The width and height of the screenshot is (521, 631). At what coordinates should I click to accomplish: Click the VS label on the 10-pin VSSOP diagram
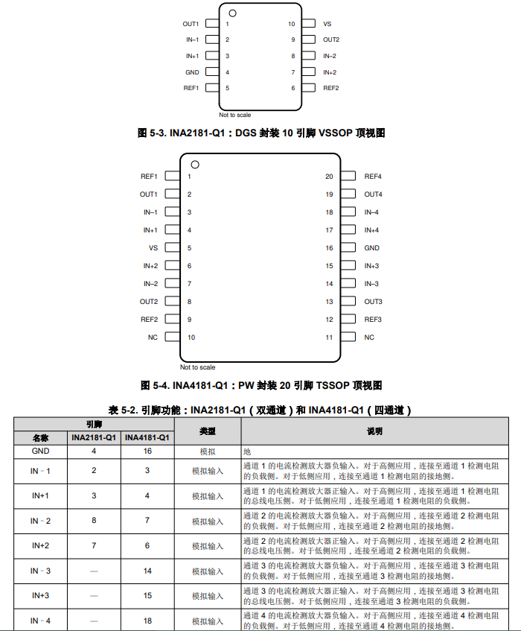[327, 24]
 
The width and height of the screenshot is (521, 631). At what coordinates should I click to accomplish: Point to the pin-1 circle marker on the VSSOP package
[232, 13]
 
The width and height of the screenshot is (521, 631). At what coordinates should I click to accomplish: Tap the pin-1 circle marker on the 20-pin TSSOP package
[195, 165]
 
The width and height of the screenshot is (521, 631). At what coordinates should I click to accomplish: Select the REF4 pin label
[373, 177]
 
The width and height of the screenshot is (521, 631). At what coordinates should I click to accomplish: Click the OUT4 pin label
[373, 194]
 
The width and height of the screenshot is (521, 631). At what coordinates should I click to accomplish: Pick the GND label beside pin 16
[371, 248]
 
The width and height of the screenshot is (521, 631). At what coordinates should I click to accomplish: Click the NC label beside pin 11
[369, 337]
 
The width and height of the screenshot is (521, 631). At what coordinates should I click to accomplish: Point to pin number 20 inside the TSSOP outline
[329, 177]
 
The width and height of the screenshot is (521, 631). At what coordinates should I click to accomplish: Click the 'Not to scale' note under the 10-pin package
[234, 115]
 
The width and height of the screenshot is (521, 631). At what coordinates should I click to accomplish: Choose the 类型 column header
[207, 431]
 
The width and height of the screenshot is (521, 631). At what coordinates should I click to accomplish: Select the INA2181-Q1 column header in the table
[94, 437]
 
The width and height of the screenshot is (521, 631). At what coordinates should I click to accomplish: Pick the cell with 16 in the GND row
[147, 451]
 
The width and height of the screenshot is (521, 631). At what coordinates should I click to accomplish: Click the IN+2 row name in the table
[40, 546]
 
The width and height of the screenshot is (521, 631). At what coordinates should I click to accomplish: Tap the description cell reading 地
[247, 451]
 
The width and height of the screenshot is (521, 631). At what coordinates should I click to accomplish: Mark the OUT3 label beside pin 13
[373, 302]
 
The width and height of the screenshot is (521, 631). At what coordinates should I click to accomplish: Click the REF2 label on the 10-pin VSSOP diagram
[330, 88]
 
